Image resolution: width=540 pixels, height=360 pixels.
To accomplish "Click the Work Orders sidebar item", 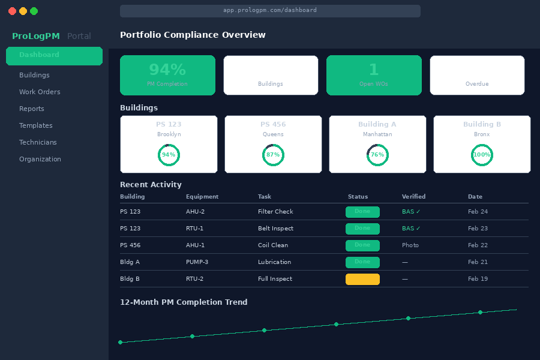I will point(40,92).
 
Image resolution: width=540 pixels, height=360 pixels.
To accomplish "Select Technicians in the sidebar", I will point(38,142).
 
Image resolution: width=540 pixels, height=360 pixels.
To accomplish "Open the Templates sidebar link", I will point(36,125).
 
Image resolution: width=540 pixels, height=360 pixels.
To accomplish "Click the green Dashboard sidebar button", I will point(54,56).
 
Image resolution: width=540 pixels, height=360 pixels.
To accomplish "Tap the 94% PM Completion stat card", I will point(167,75).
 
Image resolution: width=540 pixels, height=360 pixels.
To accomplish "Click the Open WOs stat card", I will point(373,75).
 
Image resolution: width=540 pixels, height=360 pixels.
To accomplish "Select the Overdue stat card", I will point(477,75).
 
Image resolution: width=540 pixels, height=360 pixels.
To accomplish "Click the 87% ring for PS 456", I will point(273,155).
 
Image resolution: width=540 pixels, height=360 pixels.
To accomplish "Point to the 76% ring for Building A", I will point(377,155).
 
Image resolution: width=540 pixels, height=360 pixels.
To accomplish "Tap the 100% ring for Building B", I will point(482,155).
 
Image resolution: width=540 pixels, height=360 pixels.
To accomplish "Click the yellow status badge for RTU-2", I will point(362,279).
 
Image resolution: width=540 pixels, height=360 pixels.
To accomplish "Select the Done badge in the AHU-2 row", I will point(362,212).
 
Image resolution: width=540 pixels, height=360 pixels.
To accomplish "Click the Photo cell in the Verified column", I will point(410,245).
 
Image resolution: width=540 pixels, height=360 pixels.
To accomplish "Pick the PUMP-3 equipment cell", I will point(198,262).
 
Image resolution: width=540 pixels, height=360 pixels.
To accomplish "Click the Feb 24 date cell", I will point(478,212).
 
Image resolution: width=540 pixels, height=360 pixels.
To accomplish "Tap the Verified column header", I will point(413,197).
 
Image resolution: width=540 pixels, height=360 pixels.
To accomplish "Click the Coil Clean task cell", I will point(273,245).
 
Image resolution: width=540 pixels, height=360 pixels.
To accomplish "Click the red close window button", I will point(13,11).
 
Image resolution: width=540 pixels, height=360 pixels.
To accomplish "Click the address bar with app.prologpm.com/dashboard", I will point(270,11).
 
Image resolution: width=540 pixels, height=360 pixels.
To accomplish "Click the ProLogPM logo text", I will point(36,36).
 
